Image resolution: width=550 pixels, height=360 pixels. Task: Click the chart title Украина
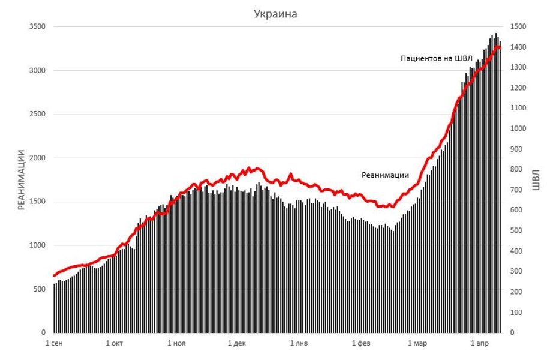[275, 14]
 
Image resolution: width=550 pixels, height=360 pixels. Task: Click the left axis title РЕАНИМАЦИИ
[22, 179]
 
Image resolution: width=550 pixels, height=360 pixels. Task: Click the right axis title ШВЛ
[536, 179]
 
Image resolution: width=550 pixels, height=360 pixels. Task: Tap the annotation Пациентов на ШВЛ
[437, 58]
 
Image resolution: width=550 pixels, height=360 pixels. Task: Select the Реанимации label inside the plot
[385, 175]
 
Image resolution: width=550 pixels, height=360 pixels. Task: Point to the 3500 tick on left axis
[37, 27]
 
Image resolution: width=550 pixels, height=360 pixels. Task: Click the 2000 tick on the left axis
[37, 158]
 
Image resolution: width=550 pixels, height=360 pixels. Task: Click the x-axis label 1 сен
[55, 344]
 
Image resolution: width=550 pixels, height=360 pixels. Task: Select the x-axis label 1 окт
[115, 344]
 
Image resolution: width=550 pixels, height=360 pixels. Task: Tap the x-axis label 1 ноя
[176, 344]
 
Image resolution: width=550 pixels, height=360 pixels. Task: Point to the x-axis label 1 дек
[237, 344]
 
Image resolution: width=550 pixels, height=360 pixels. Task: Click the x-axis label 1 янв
[299, 344]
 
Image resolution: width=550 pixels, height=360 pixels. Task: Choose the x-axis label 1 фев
[360, 344]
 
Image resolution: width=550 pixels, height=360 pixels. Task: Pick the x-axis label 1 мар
[417, 344]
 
